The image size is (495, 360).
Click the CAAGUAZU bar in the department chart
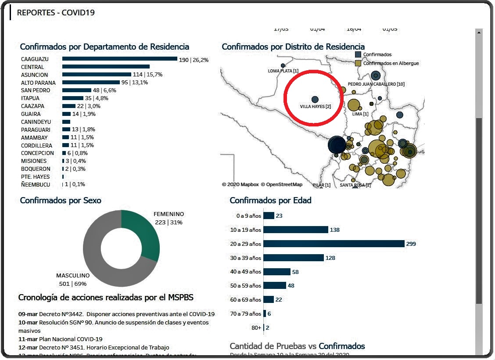(119, 59)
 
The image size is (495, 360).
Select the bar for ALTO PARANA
(91, 82)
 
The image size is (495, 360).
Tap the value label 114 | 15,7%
(147, 75)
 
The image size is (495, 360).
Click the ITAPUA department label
(30, 98)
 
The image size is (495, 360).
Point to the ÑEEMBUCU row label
(36, 184)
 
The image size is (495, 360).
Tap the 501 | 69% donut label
(73, 284)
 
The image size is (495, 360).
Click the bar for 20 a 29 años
(334, 244)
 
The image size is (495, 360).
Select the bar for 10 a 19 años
(296, 230)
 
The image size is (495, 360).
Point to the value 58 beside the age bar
(295, 272)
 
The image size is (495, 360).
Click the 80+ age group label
(256, 328)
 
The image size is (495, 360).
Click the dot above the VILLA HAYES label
(315, 99)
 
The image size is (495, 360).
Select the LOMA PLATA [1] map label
(283, 71)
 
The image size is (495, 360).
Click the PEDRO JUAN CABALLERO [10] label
(376, 84)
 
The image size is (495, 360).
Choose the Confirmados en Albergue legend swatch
(358, 63)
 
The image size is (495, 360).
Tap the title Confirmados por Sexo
(61, 201)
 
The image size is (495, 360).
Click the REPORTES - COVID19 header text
(56, 13)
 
